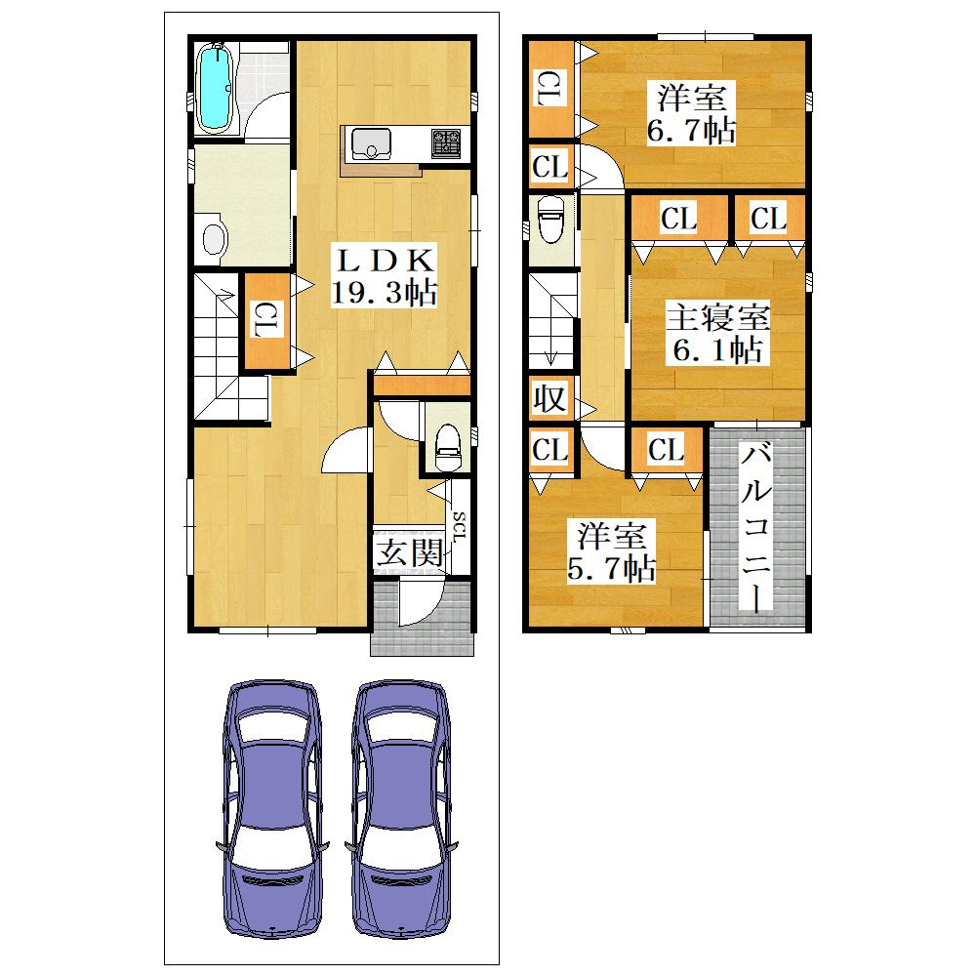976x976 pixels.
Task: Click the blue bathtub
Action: click(215, 89)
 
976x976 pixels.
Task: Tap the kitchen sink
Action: click(371, 144)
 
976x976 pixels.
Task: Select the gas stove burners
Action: click(446, 143)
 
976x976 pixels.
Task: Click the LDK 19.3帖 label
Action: click(384, 276)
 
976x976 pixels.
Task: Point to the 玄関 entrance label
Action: click(409, 552)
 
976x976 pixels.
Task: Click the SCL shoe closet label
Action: click(460, 527)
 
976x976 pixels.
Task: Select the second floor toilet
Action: click(550, 219)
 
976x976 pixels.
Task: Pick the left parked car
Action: click(273, 808)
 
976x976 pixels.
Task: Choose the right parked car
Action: click(401, 808)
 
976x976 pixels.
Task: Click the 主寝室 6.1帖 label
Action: click(718, 333)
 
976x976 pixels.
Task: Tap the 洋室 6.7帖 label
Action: click(692, 114)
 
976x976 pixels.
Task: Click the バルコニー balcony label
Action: click(756, 527)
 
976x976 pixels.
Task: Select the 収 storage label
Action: click(550, 399)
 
